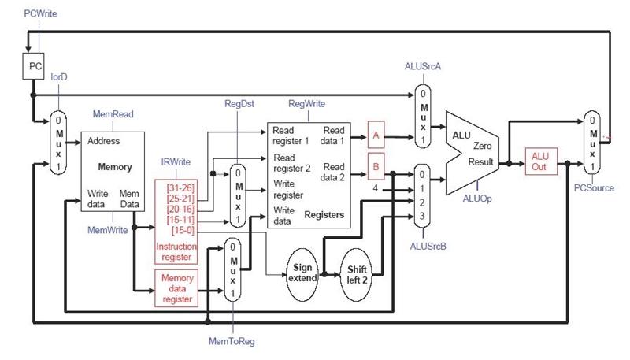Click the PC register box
point(35,67)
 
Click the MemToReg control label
point(232,341)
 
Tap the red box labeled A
point(376,135)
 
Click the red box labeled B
point(376,167)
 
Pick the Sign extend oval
point(303,272)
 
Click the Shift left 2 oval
point(359,272)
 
